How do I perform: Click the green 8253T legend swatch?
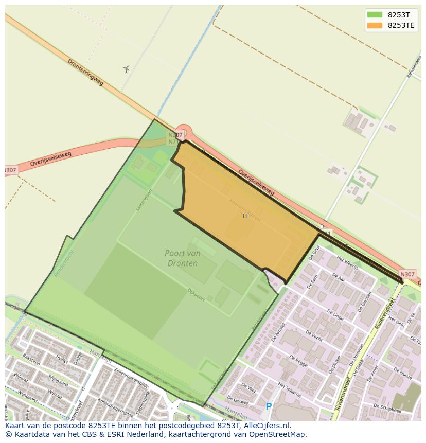pyautogui.click(x=375, y=14)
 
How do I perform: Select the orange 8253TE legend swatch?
pyautogui.click(x=375, y=25)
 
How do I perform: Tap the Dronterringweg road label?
pyautogui.click(x=85, y=72)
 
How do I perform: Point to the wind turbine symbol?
pyautogui.click(x=126, y=69)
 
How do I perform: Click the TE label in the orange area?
pyautogui.click(x=245, y=216)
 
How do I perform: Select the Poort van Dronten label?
pyautogui.click(x=182, y=258)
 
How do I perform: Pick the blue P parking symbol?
pyautogui.click(x=268, y=406)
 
